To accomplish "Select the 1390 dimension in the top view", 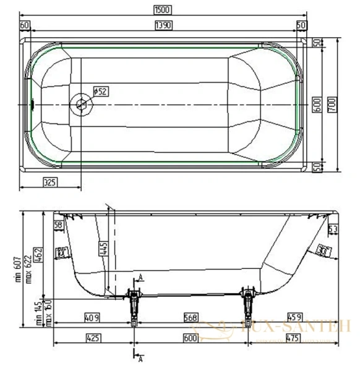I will pos(163,25).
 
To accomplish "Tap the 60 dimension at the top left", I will pos(25,25).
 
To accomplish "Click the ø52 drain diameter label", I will pos(100,92).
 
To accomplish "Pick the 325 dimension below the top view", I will pos(51,182).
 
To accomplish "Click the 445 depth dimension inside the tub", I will pos(103,249).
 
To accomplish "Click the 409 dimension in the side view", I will pos(92,317).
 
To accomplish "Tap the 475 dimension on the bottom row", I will pos(294,338).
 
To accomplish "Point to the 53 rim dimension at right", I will pos(332,230).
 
